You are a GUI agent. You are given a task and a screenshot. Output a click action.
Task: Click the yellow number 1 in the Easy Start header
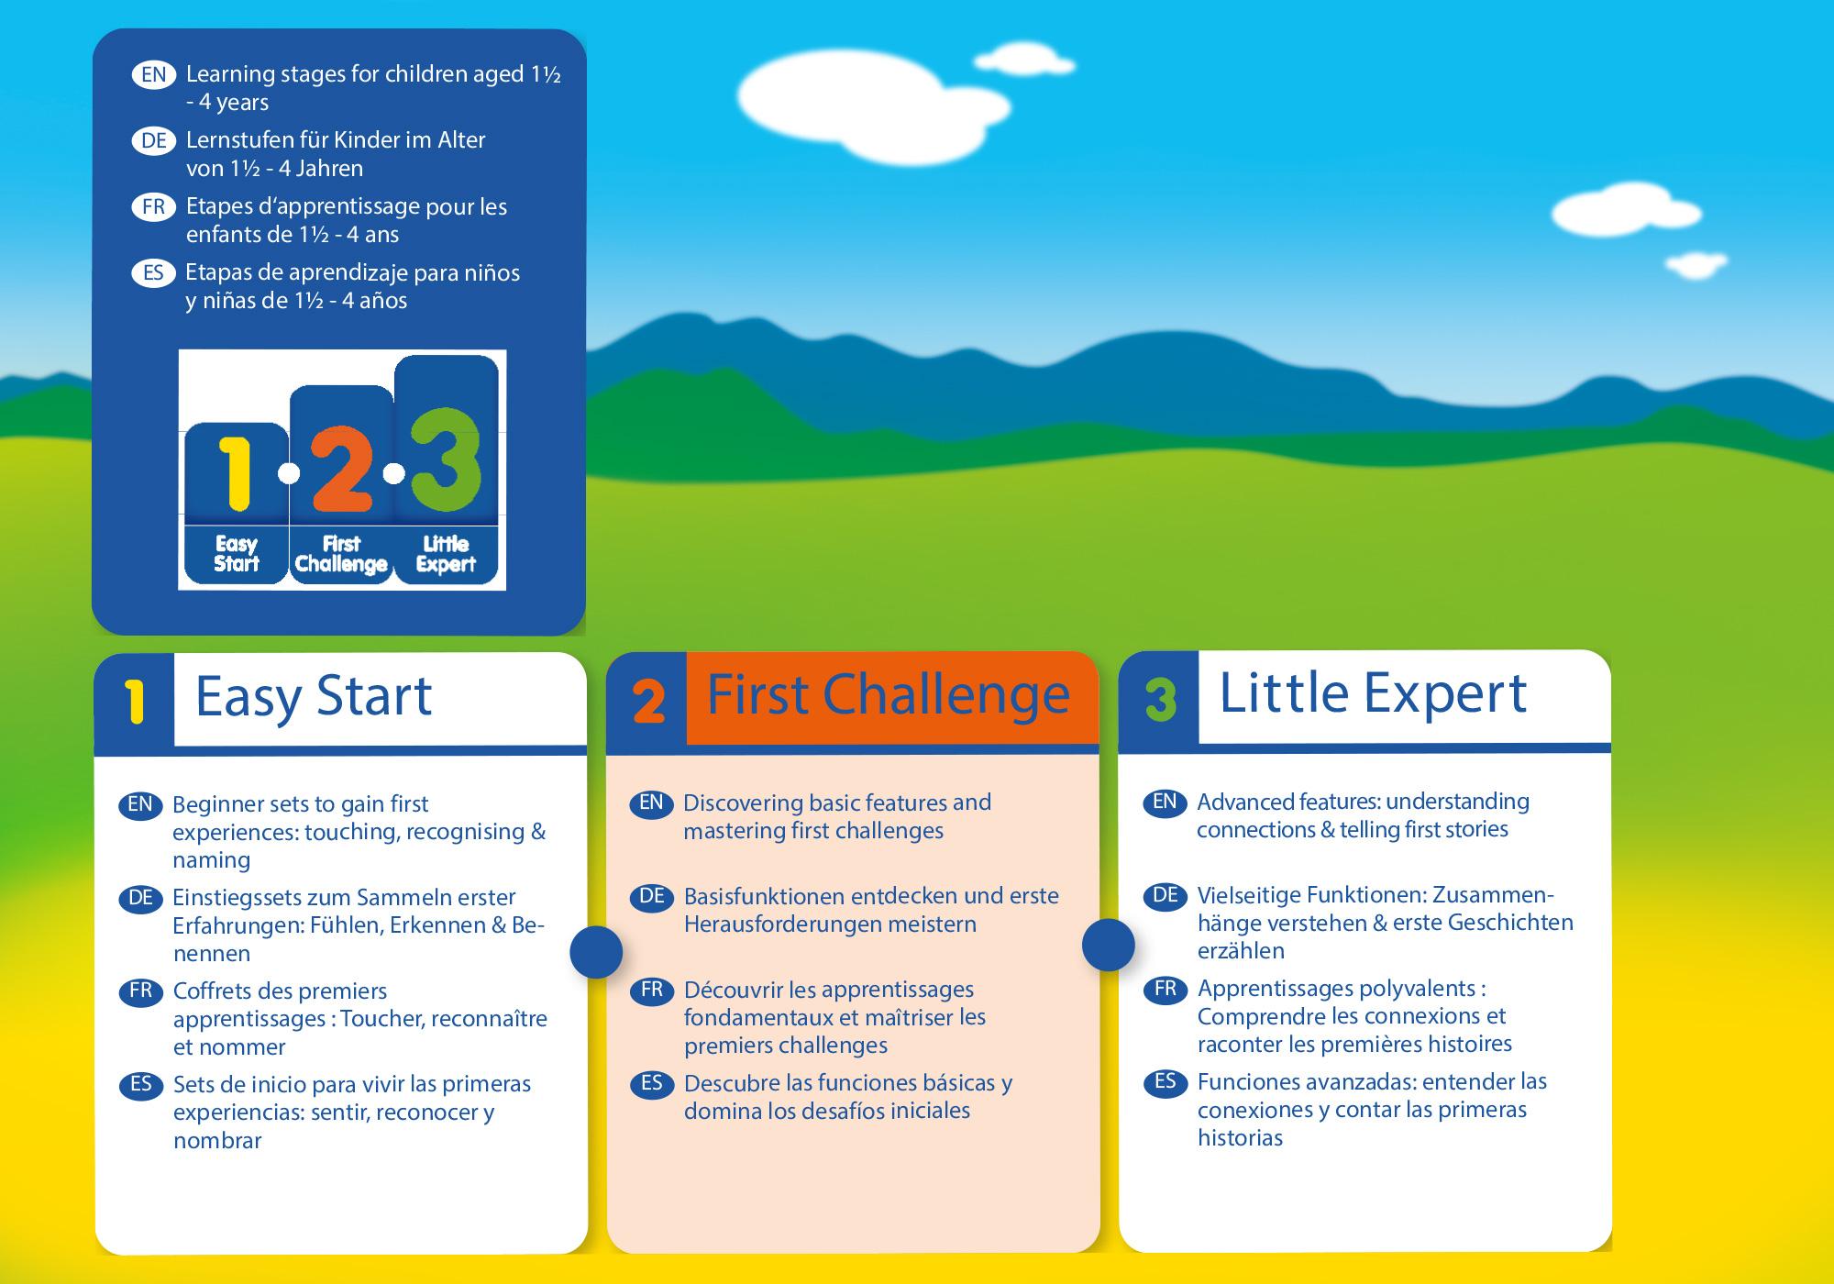click(x=136, y=703)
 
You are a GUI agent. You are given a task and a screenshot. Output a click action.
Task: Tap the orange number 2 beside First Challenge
click(x=648, y=703)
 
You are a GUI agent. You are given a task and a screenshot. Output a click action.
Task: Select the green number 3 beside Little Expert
click(x=1161, y=701)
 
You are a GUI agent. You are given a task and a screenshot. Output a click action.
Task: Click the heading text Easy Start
click(x=314, y=697)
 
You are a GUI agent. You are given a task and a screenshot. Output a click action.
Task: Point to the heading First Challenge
click(x=888, y=694)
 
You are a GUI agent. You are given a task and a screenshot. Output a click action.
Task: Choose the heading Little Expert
click(x=1373, y=692)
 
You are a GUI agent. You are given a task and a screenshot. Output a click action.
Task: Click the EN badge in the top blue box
click(x=154, y=74)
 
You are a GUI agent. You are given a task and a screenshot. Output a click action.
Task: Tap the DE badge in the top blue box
click(x=154, y=140)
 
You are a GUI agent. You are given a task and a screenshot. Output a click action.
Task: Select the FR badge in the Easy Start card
click(x=140, y=991)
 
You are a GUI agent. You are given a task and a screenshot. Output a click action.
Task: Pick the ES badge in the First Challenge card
click(x=651, y=1083)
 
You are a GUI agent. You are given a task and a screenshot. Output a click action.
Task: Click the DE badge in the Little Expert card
click(x=1165, y=895)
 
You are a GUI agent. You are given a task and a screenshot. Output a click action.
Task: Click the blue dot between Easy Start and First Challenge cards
click(x=596, y=951)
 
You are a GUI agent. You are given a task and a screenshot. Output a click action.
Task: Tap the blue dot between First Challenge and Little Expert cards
click(x=1109, y=945)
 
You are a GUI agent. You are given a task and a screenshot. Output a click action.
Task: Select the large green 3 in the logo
click(x=446, y=460)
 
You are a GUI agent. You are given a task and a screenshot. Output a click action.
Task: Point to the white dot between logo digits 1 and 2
click(x=289, y=473)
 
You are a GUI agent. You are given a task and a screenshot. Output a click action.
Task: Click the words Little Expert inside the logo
click(x=446, y=555)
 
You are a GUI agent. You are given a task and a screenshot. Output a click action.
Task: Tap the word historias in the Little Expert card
click(x=1240, y=1138)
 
